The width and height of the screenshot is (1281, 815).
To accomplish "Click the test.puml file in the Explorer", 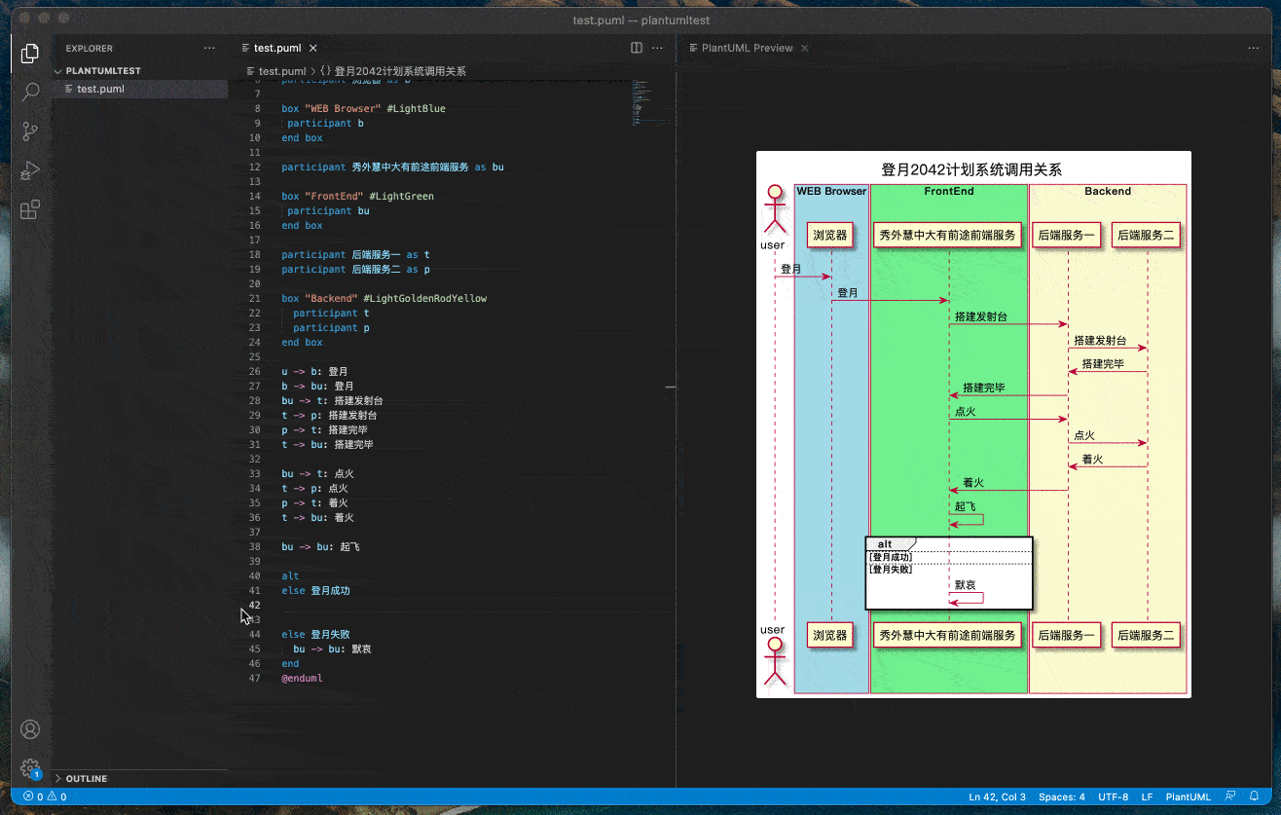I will [100, 89].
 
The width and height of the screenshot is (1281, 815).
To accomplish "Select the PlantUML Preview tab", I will [747, 48].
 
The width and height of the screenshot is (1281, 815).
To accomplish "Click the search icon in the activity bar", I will [30, 92].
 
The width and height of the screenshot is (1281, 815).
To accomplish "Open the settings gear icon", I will [30, 767].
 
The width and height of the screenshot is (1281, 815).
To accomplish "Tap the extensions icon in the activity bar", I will [30, 209].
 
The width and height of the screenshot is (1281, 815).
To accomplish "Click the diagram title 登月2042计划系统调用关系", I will [971, 169].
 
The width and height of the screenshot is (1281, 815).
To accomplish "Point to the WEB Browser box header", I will [831, 191].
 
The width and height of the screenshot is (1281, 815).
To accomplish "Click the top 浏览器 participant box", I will [831, 235].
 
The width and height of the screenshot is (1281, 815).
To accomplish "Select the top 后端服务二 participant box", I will [1146, 235].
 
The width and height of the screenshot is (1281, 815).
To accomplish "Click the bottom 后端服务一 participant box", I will [1066, 636].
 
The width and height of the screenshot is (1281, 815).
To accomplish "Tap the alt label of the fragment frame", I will [885, 544].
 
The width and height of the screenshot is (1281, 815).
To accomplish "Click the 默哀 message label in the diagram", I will [965, 585].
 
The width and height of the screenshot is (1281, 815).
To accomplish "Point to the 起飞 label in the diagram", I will [965, 507].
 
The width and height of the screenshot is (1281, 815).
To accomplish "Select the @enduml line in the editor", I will [302, 678].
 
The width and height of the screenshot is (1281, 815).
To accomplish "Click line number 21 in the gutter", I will [256, 298].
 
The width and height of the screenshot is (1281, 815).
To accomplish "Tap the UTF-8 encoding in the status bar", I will [1114, 796].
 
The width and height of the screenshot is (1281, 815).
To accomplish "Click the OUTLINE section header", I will [87, 778].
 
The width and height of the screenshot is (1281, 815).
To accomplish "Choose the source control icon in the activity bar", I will [30, 131].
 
